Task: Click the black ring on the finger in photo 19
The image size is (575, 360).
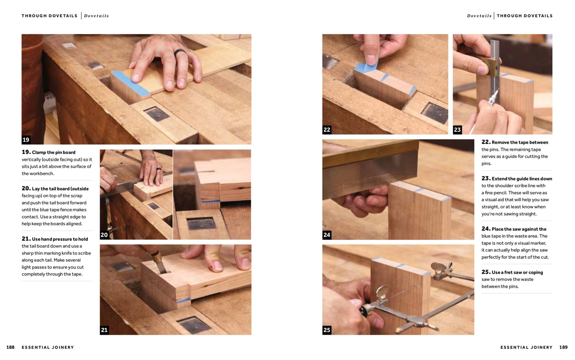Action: click(180, 53)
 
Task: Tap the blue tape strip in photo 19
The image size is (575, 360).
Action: click(131, 83)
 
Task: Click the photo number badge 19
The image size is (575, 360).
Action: click(26, 140)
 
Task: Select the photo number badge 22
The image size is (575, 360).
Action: click(327, 130)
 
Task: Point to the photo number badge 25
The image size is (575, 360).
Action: click(327, 330)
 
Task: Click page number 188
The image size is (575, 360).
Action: click(10, 347)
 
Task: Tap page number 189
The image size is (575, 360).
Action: click(563, 347)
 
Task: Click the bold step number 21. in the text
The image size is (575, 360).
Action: click(26, 239)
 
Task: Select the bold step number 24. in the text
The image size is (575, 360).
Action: click(486, 229)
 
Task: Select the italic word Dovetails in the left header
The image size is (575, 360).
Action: click(97, 16)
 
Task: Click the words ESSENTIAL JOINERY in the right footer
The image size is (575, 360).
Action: click(526, 347)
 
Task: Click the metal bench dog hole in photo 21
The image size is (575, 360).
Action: click(194, 325)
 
